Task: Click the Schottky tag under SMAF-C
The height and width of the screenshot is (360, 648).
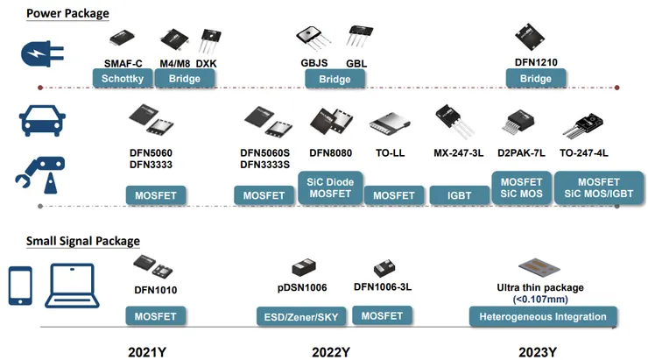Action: click(x=123, y=78)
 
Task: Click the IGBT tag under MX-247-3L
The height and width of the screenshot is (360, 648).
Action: click(x=459, y=194)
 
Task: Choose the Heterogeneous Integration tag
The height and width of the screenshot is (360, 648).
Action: click(x=543, y=316)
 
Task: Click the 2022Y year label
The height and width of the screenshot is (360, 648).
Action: click(x=330, y=352)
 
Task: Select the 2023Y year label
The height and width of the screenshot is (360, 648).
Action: click(x=538, y=352)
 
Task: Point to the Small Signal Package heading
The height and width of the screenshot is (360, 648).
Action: click(x=82, y=241)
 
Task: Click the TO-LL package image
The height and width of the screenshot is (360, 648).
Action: click(x=389, y=125)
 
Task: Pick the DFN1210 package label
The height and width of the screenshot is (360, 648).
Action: click(x=536, y=62)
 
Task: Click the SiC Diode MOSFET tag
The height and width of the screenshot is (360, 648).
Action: click(x=329, y=187)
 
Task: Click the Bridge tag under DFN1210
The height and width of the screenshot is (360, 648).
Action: click(x=536, y=78)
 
